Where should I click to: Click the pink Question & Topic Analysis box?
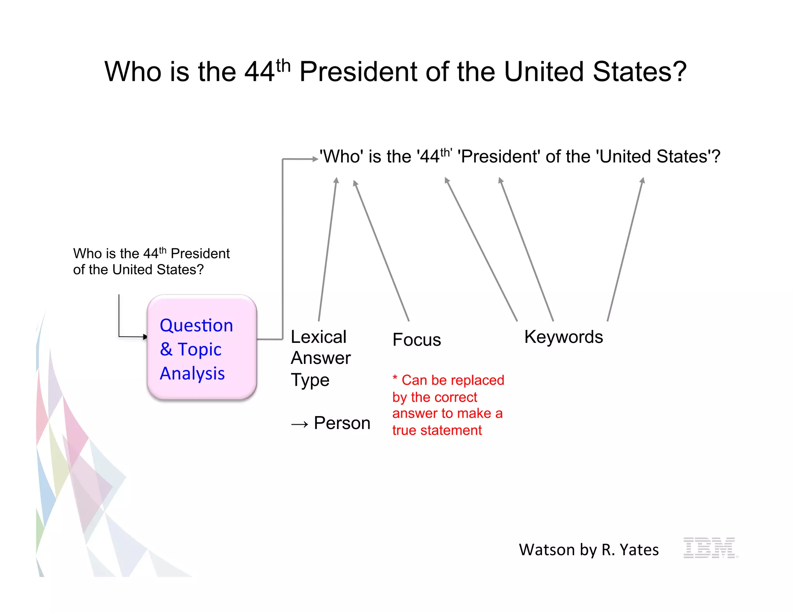click(202, 348)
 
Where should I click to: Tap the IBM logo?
click(710, 548)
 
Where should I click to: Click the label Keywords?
click(563, 337)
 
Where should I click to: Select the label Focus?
click(416, 340)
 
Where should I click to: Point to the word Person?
click(342, 423)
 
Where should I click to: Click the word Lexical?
click(318, 337)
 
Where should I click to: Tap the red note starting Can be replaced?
click(447, 405)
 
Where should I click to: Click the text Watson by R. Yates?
click(589, 550)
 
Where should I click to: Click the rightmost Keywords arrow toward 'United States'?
click(625, 250)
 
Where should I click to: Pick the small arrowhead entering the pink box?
click(145, 337)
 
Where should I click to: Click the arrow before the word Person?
click(300, 424)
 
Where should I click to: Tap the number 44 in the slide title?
click(259, 72)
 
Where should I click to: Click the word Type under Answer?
click(310, 380)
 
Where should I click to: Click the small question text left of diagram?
click(151, 262)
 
